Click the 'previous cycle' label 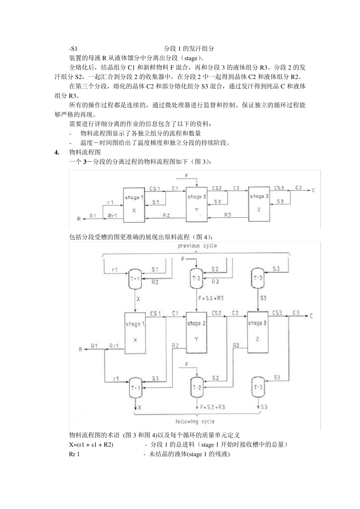click(197, 246)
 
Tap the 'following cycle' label click(195, 422)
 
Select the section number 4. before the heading click(57, 152)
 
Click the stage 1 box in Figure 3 click(134, 204)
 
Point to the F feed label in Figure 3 click(186, 176)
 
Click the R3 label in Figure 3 click(227, 215)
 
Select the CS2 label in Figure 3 click(217, 188)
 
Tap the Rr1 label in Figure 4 click(114, 346)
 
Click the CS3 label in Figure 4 click(277, 313)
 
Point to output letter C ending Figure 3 click(313, 190)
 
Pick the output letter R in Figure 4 click(80, 349)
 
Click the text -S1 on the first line click(73, 49)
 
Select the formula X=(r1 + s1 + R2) click(91, 445)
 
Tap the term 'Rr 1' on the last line click(74, 454)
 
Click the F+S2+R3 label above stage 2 click(211, 298)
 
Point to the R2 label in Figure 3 click(166, 215)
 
